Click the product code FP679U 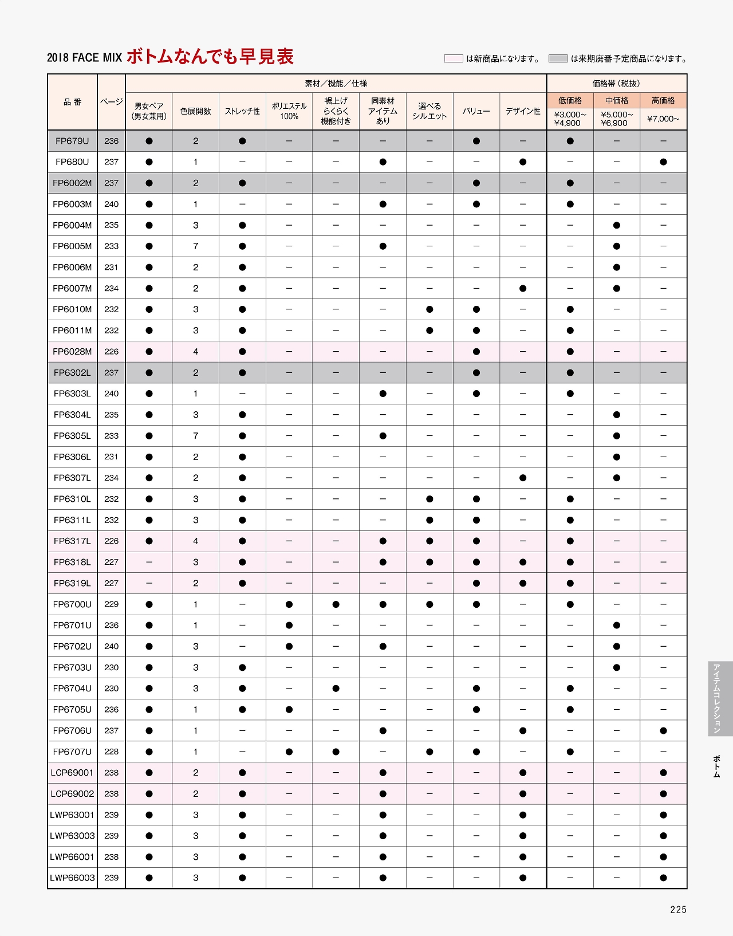click(72, 141)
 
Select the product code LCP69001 click(72, 773)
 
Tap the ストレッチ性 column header click(242, 111)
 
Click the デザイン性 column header click(523, 111)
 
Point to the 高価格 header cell click(663, 100)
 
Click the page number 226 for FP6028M click(112, 352)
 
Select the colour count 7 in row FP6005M click(196, 246)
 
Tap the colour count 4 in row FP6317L click(196, 541)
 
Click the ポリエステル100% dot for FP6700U click(289, 604)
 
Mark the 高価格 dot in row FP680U click(663, 162)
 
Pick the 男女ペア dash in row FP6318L click(149, 562)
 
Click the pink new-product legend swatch click(454, 58)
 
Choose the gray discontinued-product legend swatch click(558, 58)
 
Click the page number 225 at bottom click(678, 910)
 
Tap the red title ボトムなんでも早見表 click(210, 57)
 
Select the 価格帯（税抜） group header click(616, 84)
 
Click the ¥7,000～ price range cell click(663, 119)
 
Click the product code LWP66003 click(72, 878)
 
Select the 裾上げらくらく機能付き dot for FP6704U click(336, 689)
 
